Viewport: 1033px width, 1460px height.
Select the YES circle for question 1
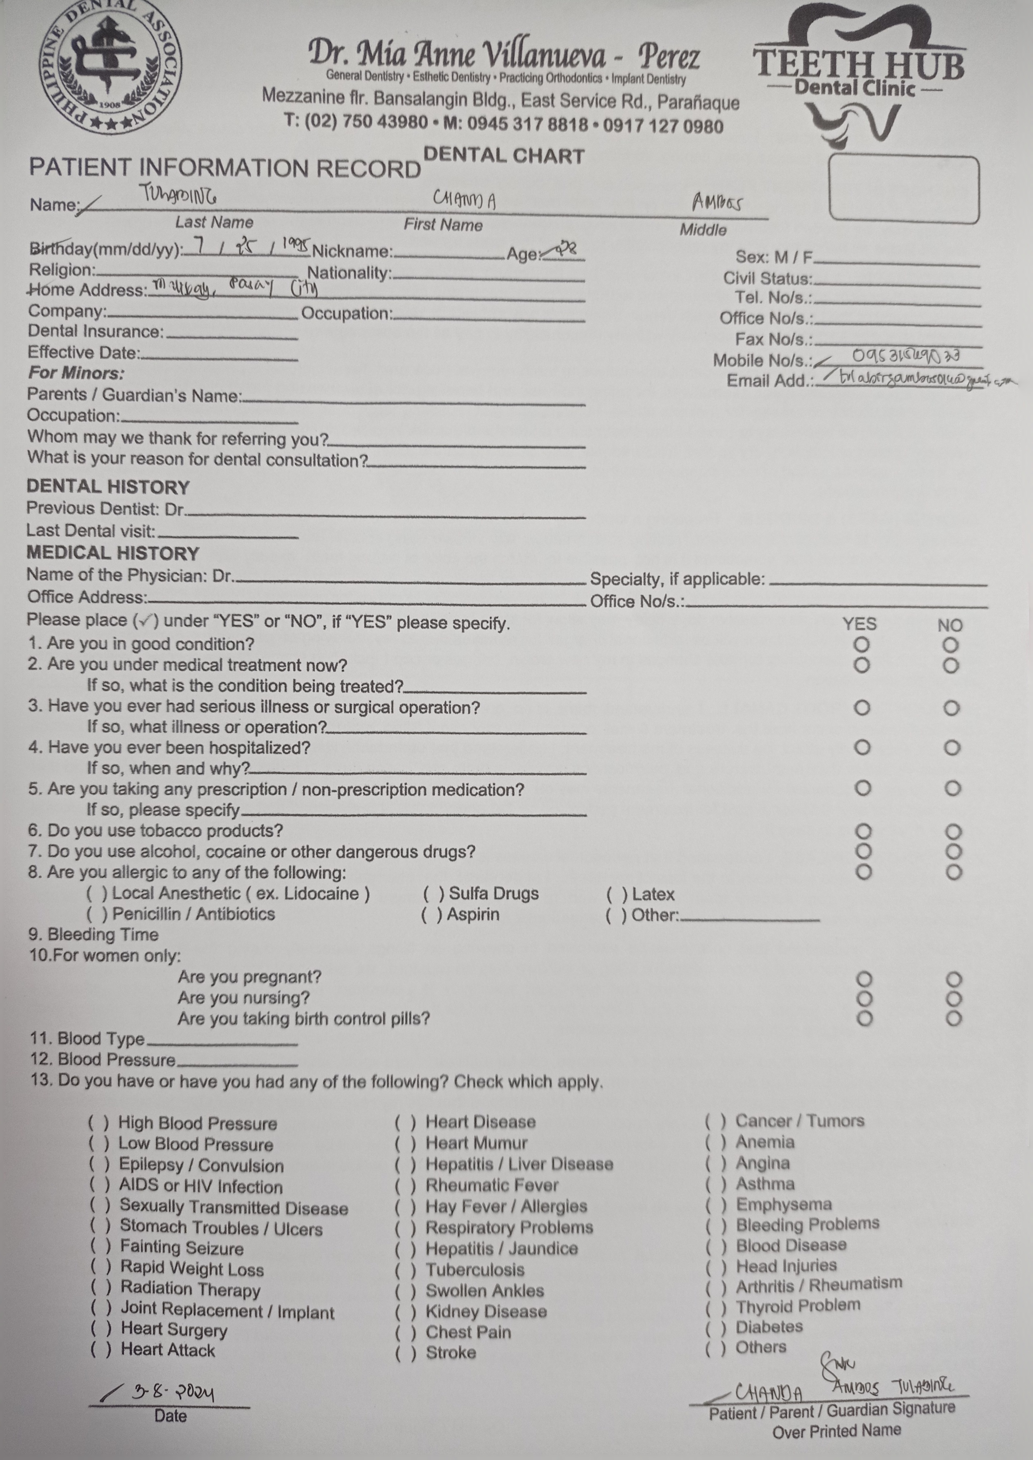click(861, 645)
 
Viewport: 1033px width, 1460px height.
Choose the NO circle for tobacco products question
click(952, 831)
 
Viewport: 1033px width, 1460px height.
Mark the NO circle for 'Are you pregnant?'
click(953, 979)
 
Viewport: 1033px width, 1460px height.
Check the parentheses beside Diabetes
click(715, 1327)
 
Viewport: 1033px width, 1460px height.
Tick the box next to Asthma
click(715, 1184)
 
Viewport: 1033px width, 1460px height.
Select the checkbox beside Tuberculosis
click(405, 1270)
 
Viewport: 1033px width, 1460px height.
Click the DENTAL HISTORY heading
click(108, 487)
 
